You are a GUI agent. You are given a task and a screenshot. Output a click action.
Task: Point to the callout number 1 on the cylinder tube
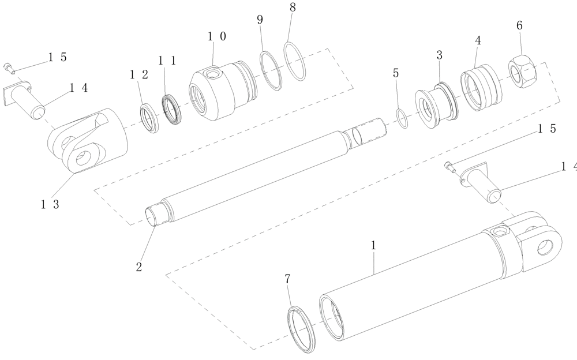(374, 245)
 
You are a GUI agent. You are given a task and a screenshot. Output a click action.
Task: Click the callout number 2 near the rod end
(138, 267)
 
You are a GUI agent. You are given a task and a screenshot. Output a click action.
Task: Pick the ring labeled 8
(296, 62)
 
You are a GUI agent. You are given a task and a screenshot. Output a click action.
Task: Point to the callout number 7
(287, 280)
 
